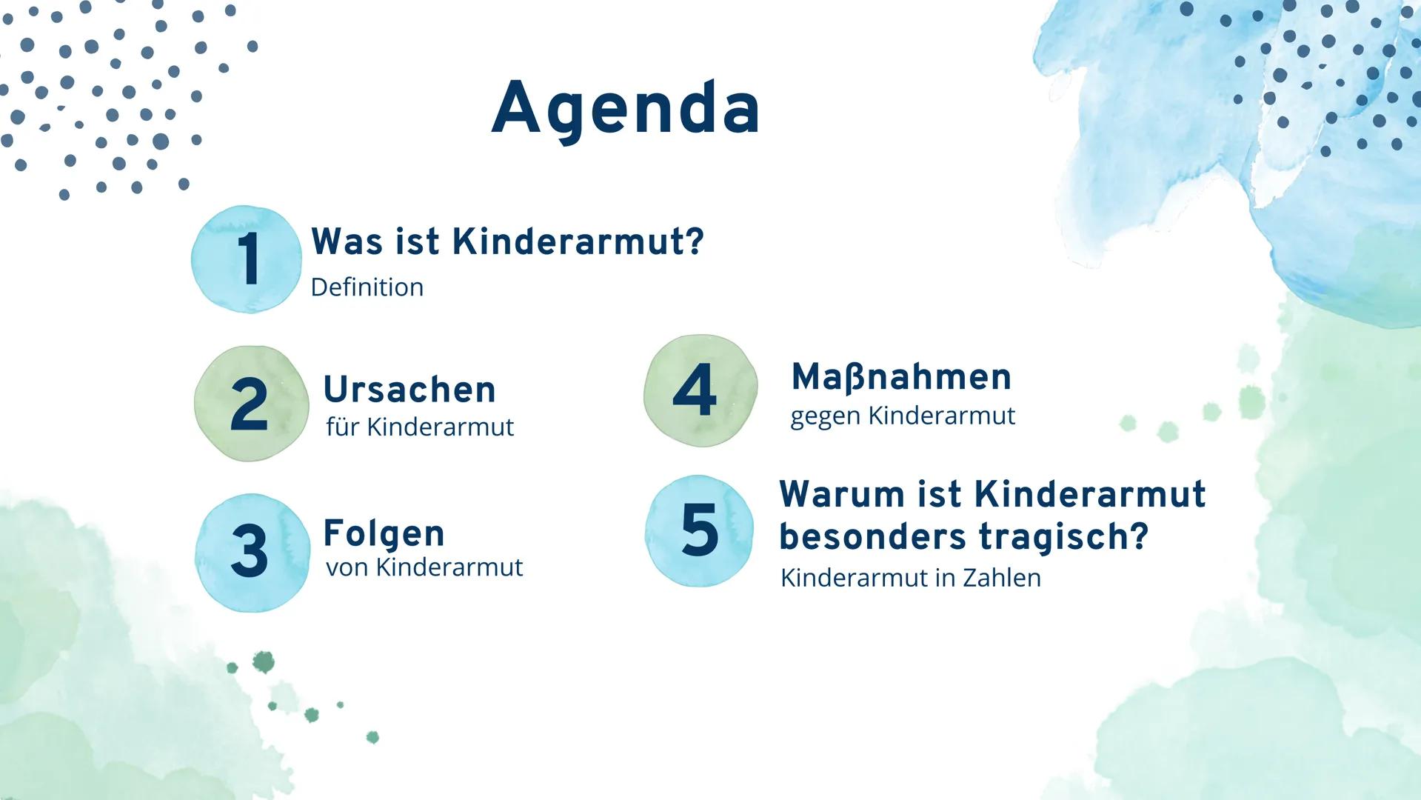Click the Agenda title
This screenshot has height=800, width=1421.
pos(626,109)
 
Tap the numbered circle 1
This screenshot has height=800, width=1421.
pos(247,259)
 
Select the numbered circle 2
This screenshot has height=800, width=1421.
pos(251,404)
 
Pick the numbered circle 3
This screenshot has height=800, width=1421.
pos(252,553)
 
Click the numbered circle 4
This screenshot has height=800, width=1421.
pos(701,390)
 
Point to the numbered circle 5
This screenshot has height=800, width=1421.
pos(699,530)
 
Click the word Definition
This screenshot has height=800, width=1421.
pos(367,287)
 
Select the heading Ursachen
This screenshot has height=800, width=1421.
pos(409,390)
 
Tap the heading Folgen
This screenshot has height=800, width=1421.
pos(384,534)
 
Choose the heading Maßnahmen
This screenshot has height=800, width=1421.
pos(901,377)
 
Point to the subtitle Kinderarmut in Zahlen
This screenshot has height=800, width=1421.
pos(911,578)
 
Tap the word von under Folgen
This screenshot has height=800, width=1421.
pos(347,568)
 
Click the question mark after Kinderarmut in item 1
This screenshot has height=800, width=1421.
pos(695,241)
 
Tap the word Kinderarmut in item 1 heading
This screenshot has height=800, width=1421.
pos(568,241)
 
